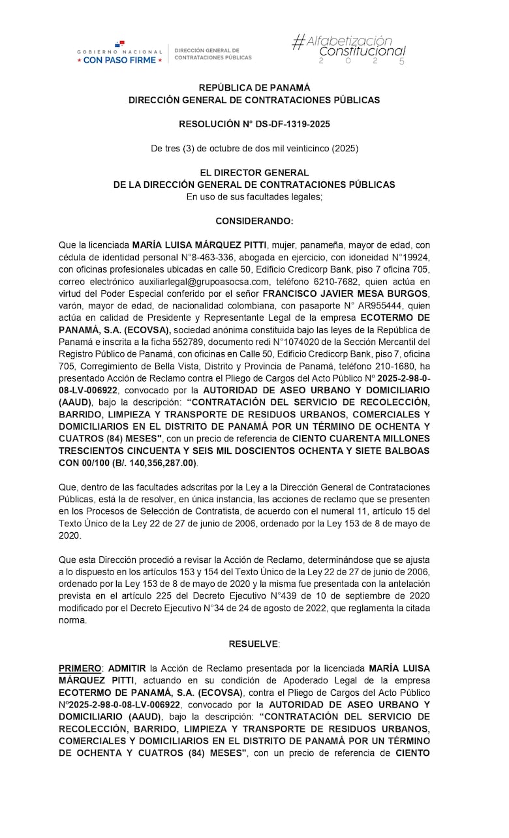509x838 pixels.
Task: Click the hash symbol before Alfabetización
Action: click(x=298, y=42)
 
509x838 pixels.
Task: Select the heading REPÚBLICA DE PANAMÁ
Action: click(x=254, y=87)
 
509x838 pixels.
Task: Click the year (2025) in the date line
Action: click(x=345, y=149)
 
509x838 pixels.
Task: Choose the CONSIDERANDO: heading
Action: click(x=254, y=222)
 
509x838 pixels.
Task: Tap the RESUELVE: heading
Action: click(x=254, y=644)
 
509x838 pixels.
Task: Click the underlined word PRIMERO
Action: click(x=80, y=668)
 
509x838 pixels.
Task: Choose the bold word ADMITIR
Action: click(x=127, y=668)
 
